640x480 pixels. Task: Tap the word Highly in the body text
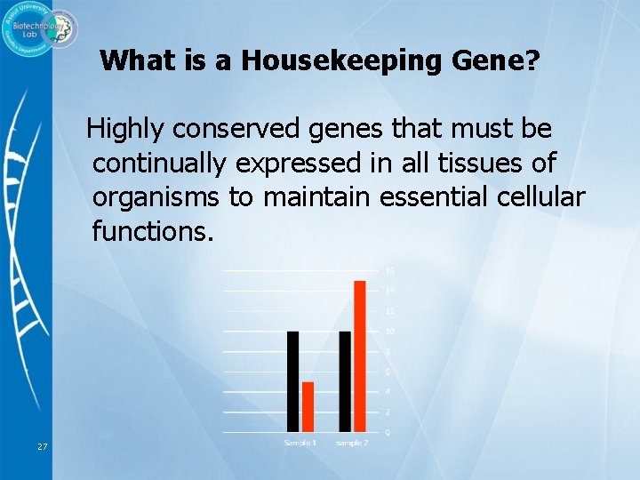pos(125,130)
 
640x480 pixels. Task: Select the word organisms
pos(156,197)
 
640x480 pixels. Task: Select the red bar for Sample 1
pos(308,406)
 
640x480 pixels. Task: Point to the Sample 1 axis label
pos(300,443)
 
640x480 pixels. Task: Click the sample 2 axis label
pos(351,443)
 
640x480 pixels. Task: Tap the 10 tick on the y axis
pos(389,332)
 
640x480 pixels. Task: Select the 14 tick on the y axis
pos(389,291)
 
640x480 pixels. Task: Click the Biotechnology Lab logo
pos(39,32)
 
